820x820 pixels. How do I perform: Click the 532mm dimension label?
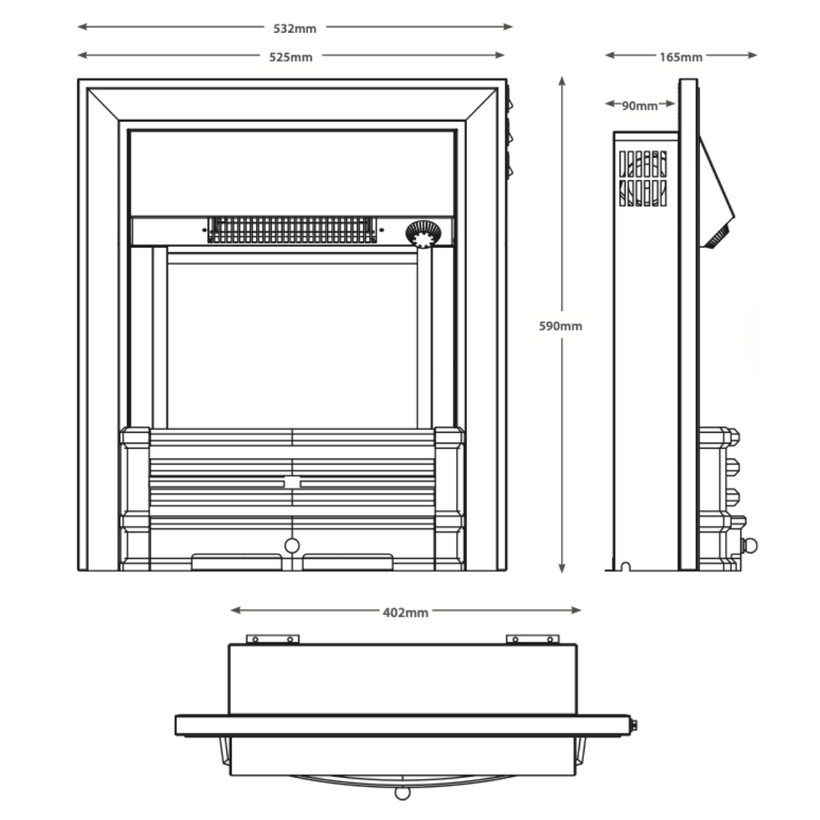295,28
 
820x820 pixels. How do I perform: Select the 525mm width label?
291,57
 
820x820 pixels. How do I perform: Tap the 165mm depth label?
681,57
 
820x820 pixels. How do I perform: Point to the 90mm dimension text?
639,106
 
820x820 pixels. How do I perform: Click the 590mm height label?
560,326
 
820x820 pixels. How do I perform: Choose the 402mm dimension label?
405,613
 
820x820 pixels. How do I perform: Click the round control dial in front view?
424,233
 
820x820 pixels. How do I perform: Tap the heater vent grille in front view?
292,230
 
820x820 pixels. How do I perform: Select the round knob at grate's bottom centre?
292,545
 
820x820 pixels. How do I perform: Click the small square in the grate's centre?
292,483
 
